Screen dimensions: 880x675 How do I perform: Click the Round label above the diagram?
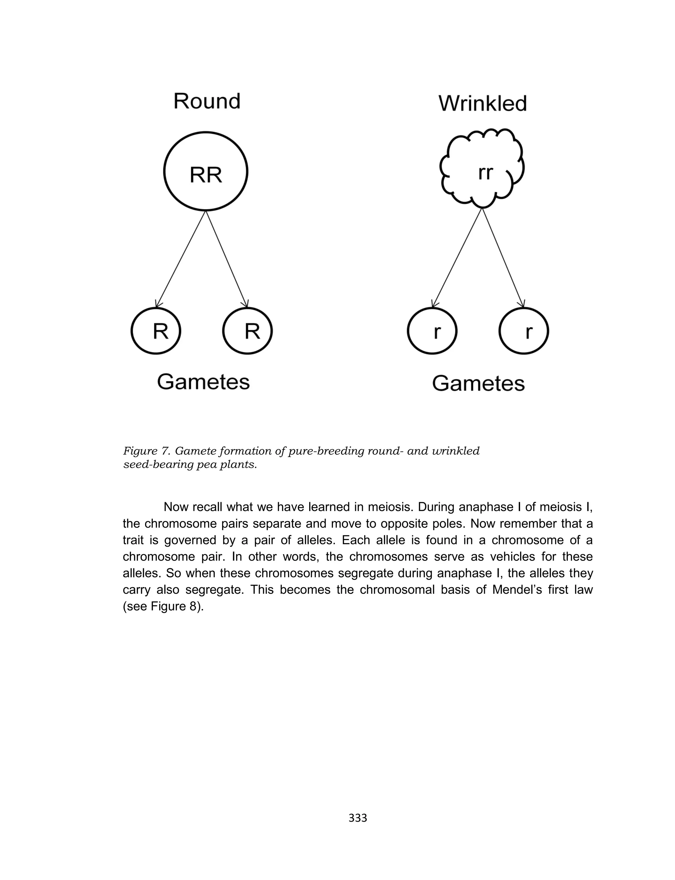tap(207, 101)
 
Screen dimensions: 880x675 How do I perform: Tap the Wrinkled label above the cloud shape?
tap(483, 104)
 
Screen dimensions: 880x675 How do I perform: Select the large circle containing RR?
tap(206, 171)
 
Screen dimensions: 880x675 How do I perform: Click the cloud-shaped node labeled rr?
tap(483, 169)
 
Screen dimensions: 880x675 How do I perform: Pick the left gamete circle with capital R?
tap(156, 331)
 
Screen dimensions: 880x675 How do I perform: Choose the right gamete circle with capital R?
tap(248, 331)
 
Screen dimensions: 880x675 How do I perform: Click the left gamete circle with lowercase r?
tap(432, 331)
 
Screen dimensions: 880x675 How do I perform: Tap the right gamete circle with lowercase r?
tap(524, 331)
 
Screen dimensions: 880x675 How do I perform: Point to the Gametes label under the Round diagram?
tap(203, 382)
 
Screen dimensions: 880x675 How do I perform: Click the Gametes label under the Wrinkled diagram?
tap(479, 383)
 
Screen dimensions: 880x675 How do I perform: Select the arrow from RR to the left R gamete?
tap(181, 259)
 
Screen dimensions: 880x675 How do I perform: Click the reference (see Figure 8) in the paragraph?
tap(163, 606)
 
